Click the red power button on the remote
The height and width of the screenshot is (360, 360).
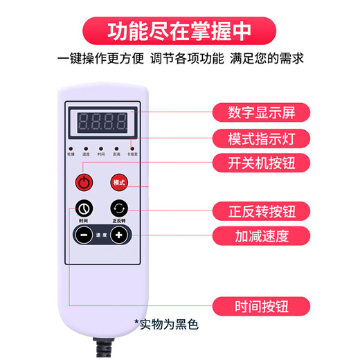coord(84,182)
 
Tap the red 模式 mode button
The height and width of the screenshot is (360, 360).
coord(118,182)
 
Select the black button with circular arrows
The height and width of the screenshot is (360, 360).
coord(118,208)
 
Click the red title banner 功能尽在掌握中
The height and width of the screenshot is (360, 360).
coord(180,31)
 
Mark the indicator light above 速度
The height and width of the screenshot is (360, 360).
coord(86,147)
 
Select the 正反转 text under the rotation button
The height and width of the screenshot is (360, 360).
coord(118,222)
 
